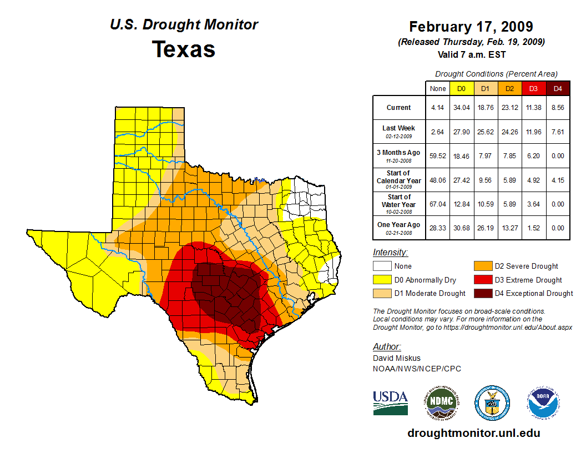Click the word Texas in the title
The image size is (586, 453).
coord(184,49)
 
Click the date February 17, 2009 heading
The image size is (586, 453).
coord(471,27)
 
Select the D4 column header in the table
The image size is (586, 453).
coord(558,89)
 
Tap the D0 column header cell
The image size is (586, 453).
coord(461,89)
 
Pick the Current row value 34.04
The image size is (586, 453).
coord(461,108)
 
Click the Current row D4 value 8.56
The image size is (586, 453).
coord(558,108)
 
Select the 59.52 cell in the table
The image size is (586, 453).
coord(437,155)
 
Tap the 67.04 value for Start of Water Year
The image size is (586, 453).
coord(437,204)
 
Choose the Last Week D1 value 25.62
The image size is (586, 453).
coord(486,132)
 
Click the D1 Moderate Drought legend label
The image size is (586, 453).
coord(430,293)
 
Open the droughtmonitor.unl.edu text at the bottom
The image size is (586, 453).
coord(473,433)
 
